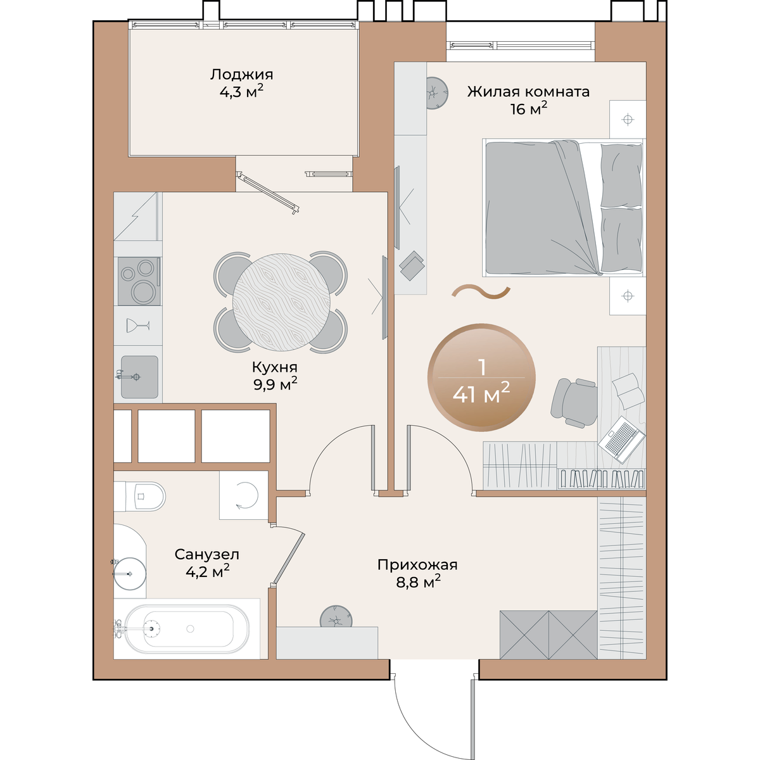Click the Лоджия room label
pos(241,74)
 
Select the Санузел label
pos(206,555)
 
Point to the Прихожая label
pos(417,565)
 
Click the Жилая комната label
pos(528,91)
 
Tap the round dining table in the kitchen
pos(282,302)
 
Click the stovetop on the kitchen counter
pos(139,281)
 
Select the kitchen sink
pos(139,377)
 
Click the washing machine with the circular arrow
pos(244,495)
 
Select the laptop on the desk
pos(621,440)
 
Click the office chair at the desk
pos(574,403)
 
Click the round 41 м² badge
pos(481,378)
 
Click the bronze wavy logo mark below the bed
pos(481,291)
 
